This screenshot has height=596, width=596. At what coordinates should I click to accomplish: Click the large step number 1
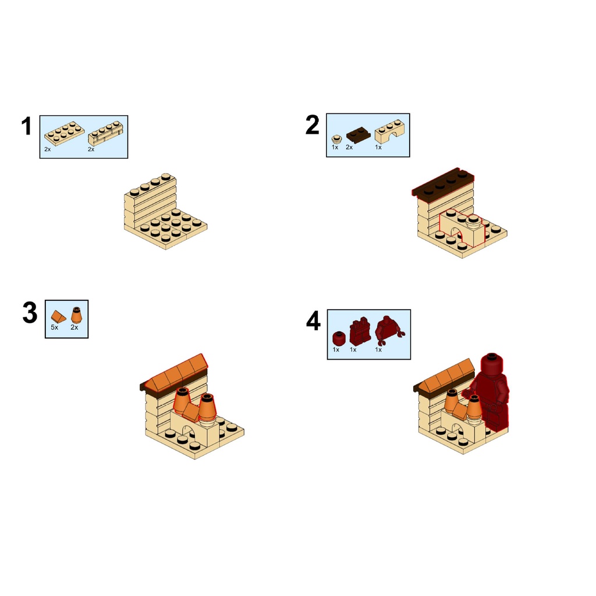[26, 126]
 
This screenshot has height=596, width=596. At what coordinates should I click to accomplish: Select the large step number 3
[30, 313]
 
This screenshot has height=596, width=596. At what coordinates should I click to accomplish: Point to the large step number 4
[313, 321]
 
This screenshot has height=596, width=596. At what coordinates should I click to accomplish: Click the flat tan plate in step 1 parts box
[64, 133]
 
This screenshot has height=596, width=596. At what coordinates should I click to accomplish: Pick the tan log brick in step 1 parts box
[106, 133]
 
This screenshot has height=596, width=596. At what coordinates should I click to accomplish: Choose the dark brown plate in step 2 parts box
[358, 135]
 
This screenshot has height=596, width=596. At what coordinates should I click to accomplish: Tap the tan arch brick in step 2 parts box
[389, 131]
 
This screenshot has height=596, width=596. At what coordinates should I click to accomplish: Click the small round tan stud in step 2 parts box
[336, 139]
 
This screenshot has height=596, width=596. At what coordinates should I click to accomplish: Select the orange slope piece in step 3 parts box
[58, 317]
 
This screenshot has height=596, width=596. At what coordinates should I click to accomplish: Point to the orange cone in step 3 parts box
[76, 315]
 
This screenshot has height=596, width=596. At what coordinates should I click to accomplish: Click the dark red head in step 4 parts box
[339, 338]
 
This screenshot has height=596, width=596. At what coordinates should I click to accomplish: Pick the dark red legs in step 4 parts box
[360, 331]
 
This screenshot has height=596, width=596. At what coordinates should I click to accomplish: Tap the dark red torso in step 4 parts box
[389, 329]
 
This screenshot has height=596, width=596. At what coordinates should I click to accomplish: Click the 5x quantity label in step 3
[54, 327]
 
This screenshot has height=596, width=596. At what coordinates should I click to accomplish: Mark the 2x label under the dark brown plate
[349, 147]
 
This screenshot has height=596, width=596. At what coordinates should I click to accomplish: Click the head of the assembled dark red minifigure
[492, 363]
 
